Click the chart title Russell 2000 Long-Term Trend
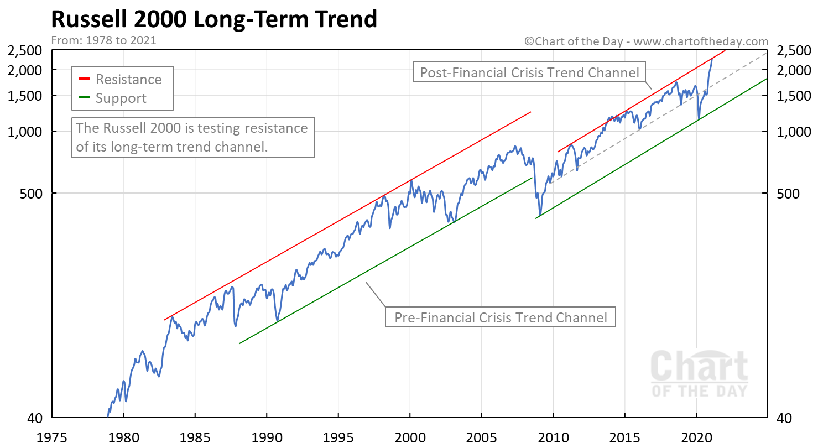(x=214, y=20)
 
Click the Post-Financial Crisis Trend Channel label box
(x=529, y=72)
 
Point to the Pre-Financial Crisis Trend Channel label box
(x=500, y=317)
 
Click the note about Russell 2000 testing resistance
(x=194, y=138)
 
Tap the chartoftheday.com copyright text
(x=646, y=41)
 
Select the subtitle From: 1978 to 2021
(x=103, y=40)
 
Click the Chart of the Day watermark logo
(x=699, y=373)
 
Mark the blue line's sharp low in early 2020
(x=699, y=118)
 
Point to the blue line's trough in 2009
(x=540, y=215)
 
